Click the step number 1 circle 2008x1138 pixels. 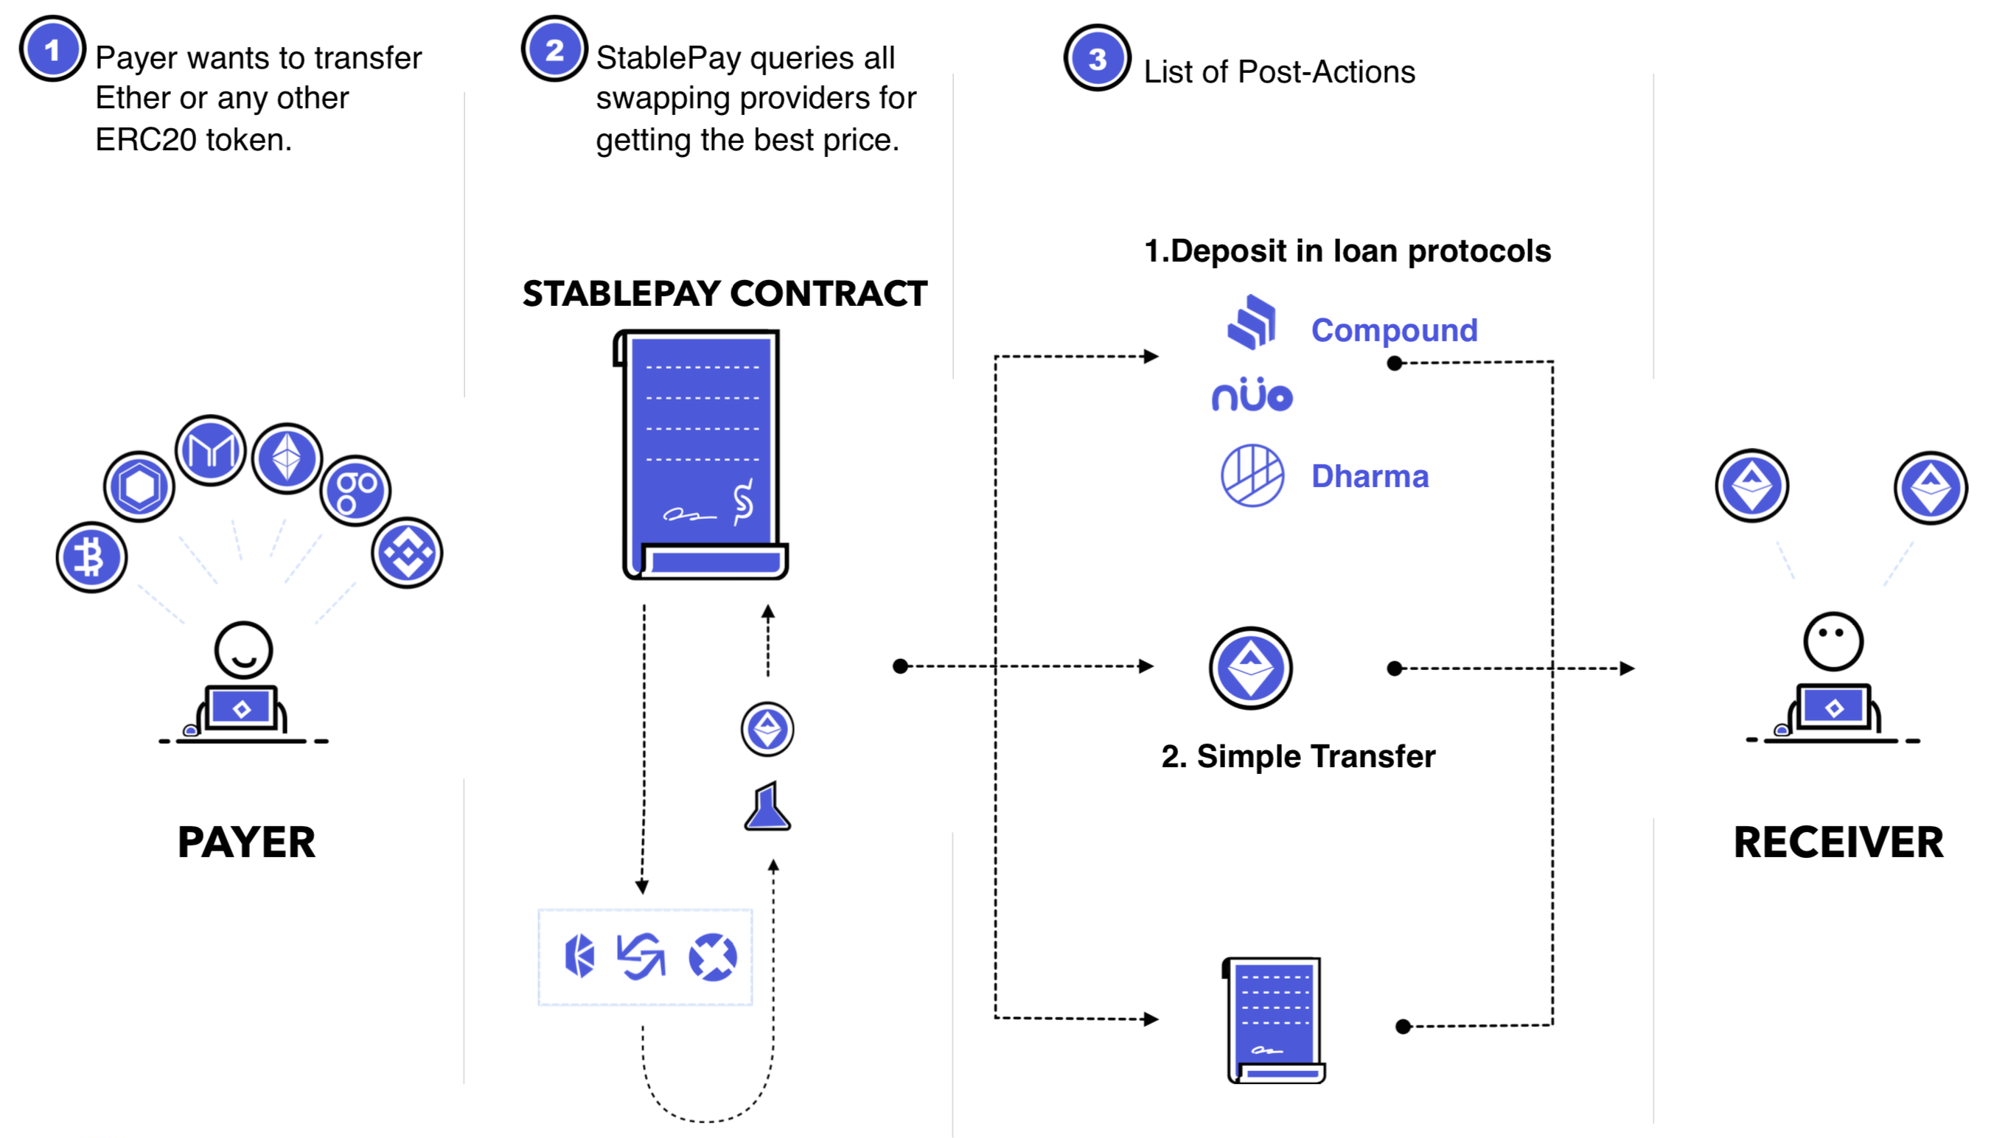[52, 49]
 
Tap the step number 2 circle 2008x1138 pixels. [554, 49]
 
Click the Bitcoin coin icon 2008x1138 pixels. [91, 557]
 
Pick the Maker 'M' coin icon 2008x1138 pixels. [210, 450]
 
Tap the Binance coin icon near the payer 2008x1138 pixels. [407, 553]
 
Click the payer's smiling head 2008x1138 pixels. [244, 649]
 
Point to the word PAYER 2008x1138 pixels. [246, 842]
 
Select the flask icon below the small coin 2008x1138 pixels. [767, 806]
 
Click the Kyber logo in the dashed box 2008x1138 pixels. [579, 956]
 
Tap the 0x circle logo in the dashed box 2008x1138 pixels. [712, 957]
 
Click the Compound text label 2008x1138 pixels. [1394, 330]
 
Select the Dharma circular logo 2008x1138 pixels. [1252, 475]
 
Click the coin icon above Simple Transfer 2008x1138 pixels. [1251, 669]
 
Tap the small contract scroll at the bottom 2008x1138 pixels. [1274, 1020]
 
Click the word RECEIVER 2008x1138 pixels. [1838, 842]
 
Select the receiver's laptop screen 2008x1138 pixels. [1834, 708]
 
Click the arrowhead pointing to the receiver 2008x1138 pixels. [1628, 669]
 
